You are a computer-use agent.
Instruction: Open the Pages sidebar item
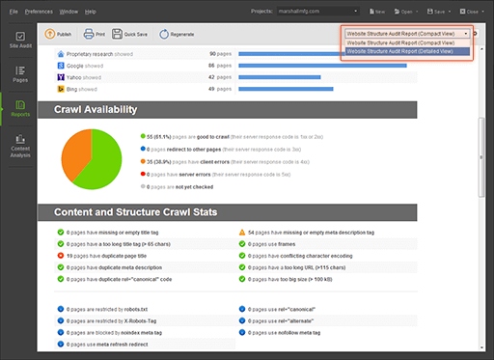point(20,72)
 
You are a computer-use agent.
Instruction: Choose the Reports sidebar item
point(20,107)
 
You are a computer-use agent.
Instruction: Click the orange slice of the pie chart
point(75,152)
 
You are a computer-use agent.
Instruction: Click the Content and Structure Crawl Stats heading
point(136,212)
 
